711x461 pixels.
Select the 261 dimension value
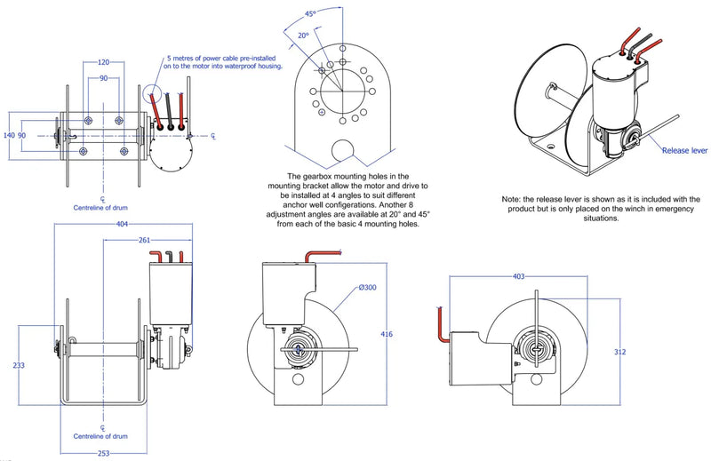144,240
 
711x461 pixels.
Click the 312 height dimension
619,352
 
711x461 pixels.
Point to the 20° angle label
303,36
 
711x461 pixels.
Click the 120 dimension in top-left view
105,63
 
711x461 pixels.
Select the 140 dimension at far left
10,136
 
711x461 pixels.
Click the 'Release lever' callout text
683,151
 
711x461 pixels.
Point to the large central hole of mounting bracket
342,91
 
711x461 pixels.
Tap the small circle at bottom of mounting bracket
342,147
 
